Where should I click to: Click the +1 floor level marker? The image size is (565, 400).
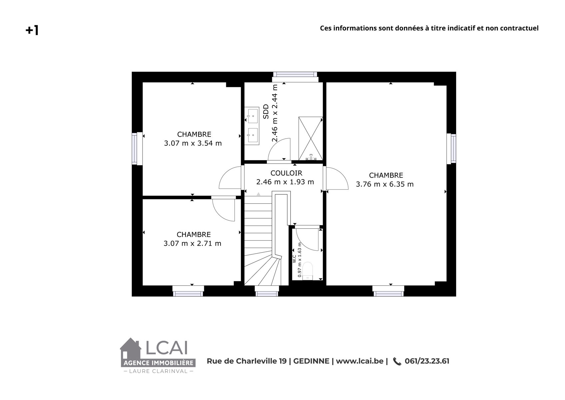coord(32,30)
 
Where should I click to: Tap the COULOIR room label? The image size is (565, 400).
coord(286,173)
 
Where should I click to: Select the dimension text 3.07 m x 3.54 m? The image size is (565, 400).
coord(193,143)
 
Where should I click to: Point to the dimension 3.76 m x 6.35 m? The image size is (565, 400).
coord(385,184)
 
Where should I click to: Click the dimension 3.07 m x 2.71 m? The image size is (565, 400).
coord(193,244)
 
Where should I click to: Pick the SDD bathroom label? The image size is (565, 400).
coord(266,111)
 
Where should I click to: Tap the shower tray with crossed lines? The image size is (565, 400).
coord(310,138)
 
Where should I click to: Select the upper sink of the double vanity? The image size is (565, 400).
coord(253,116)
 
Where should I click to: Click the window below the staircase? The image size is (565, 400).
coord(267,294)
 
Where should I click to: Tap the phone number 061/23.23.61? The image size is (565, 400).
coord(427,361)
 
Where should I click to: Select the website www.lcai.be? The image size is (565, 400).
coord(360,361)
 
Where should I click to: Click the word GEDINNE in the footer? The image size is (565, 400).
coord(311,361)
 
